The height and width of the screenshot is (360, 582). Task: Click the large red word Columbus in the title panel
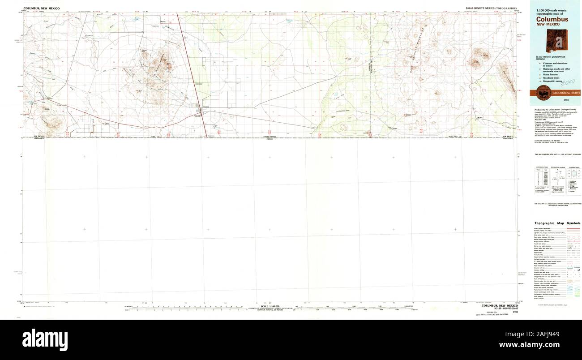[552, 19]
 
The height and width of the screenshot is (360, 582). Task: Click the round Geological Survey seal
[543, 93]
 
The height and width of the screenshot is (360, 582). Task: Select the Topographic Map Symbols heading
[557, 223]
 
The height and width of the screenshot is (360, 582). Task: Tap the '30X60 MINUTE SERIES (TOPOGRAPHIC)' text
[491, 9]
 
